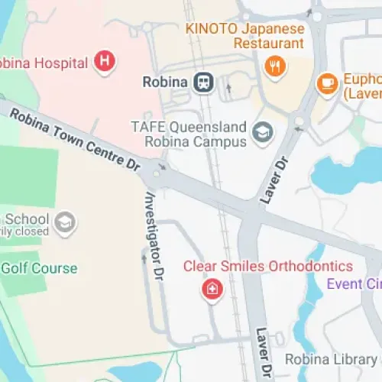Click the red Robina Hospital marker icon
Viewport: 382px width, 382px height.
(x=105, y=61)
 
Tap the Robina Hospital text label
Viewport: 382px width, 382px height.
(x=42, y=63)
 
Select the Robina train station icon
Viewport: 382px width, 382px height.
(x=204, y=82)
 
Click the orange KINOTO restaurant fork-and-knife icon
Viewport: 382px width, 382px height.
(x=274, y=66)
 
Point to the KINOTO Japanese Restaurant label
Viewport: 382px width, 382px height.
(x=244, y=35)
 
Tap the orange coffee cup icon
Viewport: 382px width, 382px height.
(x=328, y=82)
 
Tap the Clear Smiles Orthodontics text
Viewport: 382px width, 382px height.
(x=267, y=267)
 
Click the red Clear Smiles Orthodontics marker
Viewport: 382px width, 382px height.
(x=211, y=290)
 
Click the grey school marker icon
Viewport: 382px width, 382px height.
(x=66, y=222)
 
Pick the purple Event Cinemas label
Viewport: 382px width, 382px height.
(x=354, y=284)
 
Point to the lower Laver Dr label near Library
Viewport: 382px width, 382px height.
(x=264, y=353)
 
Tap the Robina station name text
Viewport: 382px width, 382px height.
(x=164, y=82)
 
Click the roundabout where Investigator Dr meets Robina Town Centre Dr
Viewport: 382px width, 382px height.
(x=157, y=176)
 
